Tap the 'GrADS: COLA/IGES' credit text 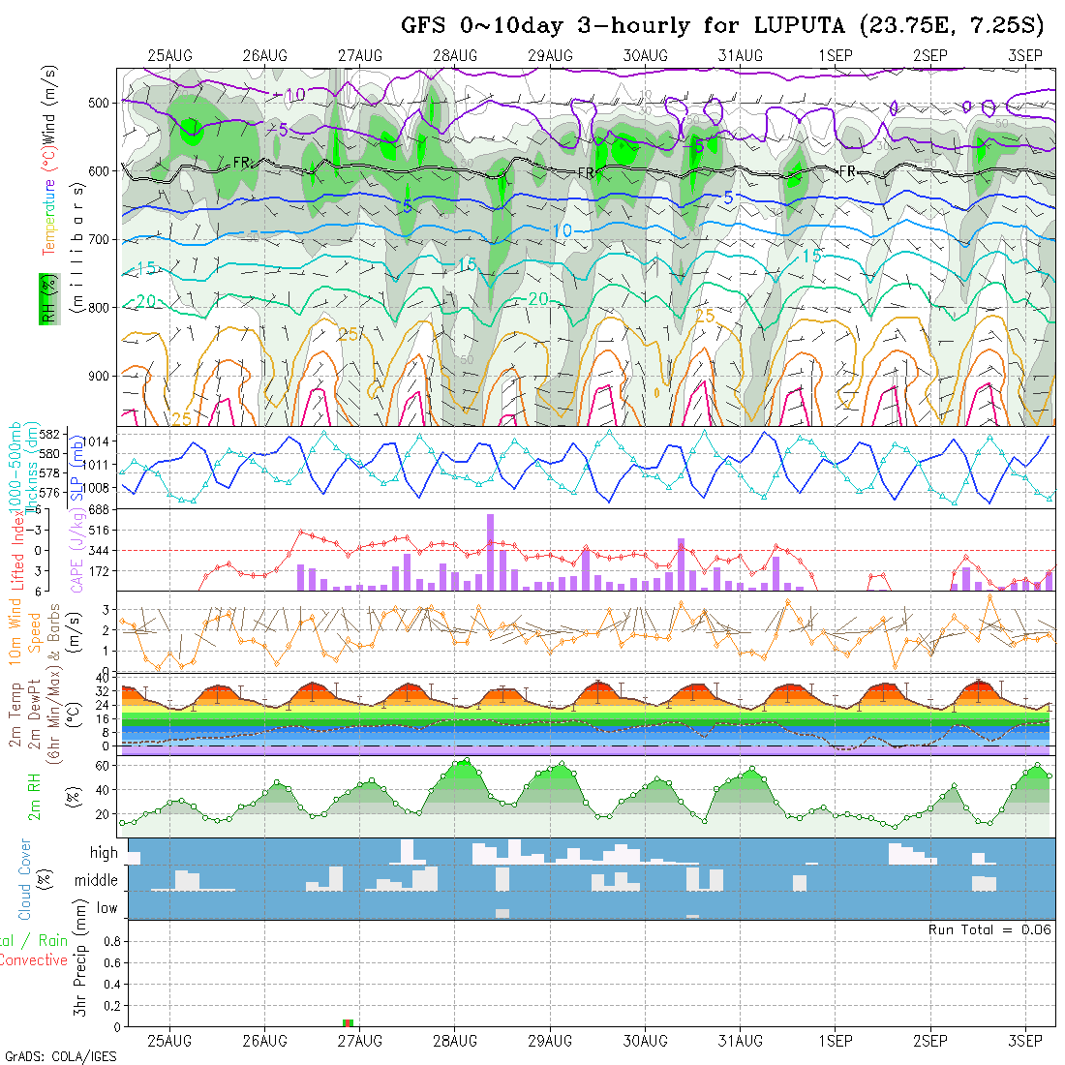[x=60, y=1056]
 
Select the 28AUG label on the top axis [x=455, y=55]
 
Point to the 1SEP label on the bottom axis [x=835, y=1041]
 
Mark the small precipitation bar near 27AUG [x=349, y=1022]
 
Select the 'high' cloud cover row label [x=104, y=853]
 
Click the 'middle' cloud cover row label [x=97, y=881]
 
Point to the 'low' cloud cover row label [x=106, y=908]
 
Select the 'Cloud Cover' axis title [x=25, y=879]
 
